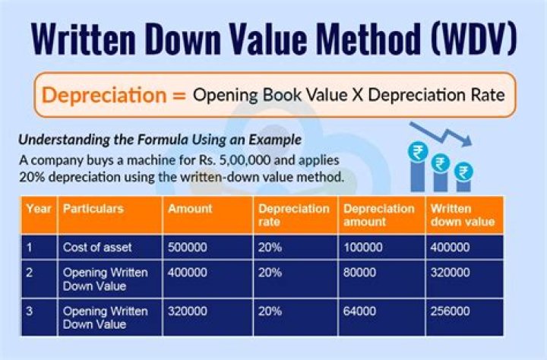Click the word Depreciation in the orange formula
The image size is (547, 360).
point(103,96)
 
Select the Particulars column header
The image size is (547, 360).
point(93,208)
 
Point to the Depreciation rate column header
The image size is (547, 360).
point(293,215)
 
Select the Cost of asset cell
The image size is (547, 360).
point(98,247)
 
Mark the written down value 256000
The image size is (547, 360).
point(450,311)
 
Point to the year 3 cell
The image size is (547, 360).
point(30,311)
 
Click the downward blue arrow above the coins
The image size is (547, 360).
point(441,134)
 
